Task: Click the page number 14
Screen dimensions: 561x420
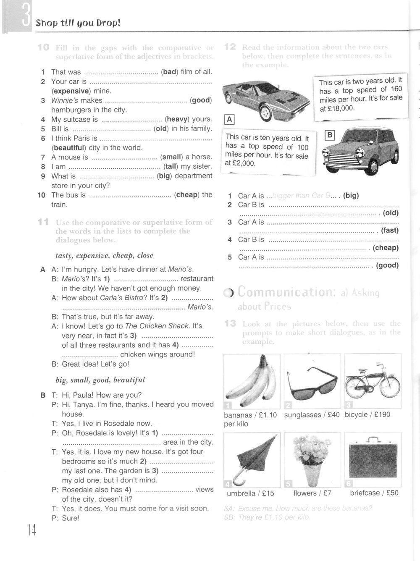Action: pyautogui.click(x=31, y=531)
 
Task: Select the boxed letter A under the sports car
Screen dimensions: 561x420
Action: pyautogui.click(x=229, y=119)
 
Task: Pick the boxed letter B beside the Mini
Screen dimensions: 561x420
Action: pyautogui.click(x=330, y=135)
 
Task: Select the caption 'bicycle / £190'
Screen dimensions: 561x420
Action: pyautogui.click(x=367, y=414)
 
